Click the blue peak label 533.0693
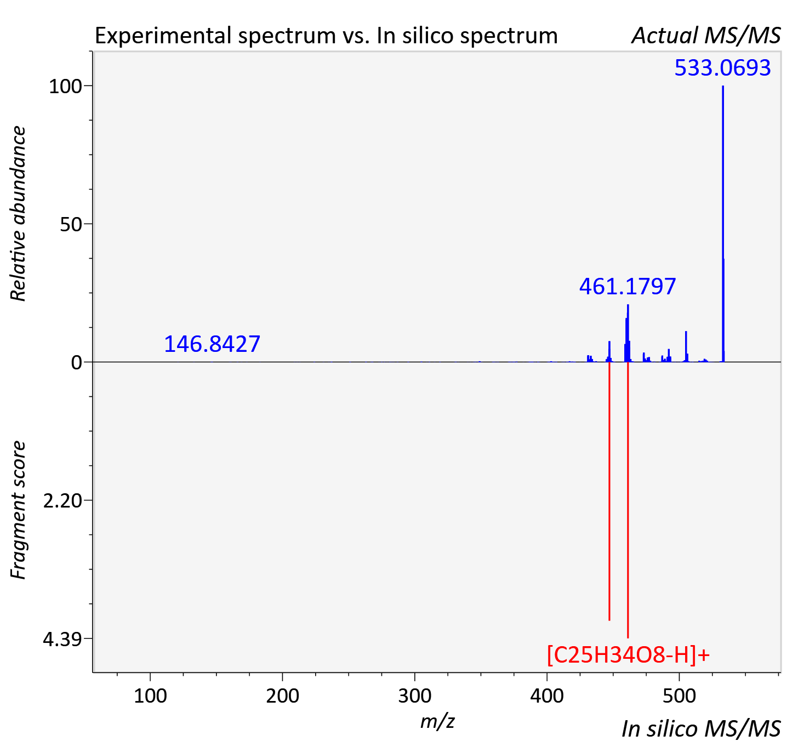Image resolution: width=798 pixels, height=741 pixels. pos(722,67)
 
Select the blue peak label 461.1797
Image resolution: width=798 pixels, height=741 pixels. pos(628,287)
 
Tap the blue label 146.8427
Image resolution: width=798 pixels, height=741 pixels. pos(212,344)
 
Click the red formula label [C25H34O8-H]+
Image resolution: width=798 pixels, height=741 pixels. pos(628,655)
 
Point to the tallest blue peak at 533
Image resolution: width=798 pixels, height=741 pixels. pos(723,224)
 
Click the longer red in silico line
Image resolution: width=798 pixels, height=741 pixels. pos(628,500)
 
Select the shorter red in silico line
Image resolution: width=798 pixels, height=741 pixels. pos(609,491)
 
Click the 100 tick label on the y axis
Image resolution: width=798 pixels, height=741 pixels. pos(65,86)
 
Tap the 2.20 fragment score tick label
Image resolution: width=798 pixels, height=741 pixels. pos(62,501)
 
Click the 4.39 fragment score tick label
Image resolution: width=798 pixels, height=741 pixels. pos(62,639)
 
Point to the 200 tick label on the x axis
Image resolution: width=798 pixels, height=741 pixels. pos(282,696)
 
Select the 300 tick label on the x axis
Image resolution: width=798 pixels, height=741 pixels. pos(415,696)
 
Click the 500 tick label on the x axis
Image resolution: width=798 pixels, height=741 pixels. pos(679,696)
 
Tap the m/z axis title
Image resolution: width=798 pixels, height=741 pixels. pos(437,721)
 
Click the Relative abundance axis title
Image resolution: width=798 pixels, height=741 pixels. pos(18,213)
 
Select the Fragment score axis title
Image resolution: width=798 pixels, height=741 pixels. pos(18,510)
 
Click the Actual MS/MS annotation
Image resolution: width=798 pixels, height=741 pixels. pos(706,36)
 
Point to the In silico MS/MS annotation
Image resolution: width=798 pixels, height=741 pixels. pos(701,728)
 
